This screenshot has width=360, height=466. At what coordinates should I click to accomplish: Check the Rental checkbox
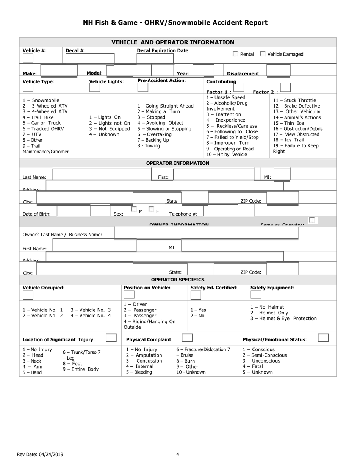(x=235, y=54)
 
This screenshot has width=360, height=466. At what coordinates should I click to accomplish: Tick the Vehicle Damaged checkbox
(x=263, y=54)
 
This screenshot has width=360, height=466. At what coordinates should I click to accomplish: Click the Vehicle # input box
(x=28, y=58)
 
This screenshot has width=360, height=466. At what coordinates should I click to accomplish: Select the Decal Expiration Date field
(x=155, y=58)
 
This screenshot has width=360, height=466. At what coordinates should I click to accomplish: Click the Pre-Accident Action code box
(x=142, y=87)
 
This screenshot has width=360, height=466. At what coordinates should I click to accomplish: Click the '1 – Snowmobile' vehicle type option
(x=41, y=100)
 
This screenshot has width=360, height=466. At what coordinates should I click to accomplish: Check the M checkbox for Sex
(x=134, y=209)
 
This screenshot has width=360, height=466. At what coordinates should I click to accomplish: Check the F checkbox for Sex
(x=151, y=209)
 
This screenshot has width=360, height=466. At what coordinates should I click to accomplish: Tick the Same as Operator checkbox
(x=312, y=220)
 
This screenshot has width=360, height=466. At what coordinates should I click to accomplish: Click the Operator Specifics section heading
(x=177, y=280)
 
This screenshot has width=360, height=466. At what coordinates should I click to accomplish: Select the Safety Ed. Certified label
(x=214, y=288)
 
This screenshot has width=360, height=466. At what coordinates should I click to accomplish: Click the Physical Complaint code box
(x=187, y=338)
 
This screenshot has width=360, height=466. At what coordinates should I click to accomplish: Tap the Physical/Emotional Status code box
(x=323, y=338)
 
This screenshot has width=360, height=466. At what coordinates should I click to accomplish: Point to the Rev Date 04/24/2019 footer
(x=40, y=455)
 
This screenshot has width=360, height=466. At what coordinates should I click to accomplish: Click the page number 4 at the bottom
(x=178, y=455)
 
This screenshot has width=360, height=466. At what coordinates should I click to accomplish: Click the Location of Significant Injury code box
(x=111, y=338)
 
